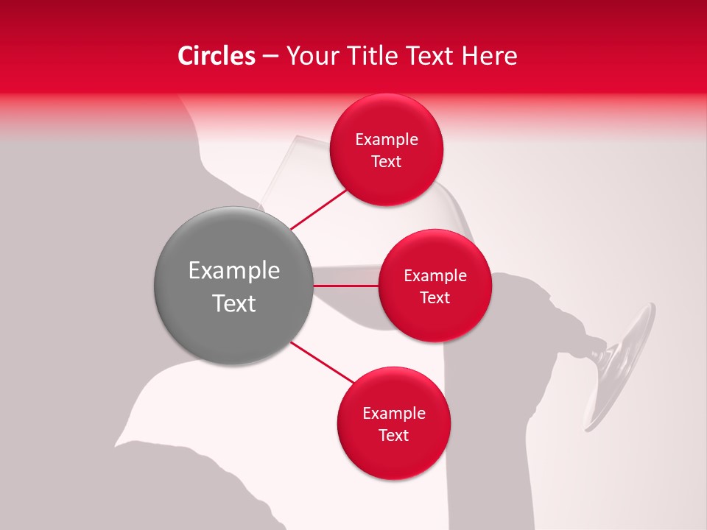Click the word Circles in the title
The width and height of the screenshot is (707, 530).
pyautogui.click(x=217, y=56)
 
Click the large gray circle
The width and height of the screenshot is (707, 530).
pyautogui.click(x=233, y=286)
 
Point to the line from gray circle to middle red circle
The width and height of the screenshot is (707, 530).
pyautogui.click(x=345, y=286)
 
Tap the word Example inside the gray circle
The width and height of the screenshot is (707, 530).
pyautogui.click(x=234, y=271)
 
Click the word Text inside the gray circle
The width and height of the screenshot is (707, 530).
pyautogui.click(x=234, y=303)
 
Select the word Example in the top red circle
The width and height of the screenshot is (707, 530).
pyautogui.click(x=387, y=140)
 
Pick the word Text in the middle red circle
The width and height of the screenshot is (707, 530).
pyautogui.click(x=435, y=298)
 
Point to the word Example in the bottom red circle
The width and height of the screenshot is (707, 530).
pyautogui.click(x=394, y=414)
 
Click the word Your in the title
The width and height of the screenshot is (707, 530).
pyautogui.click(x=311, y=56)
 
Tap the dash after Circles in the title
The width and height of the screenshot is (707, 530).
pyautogui.click(x=270, y=56)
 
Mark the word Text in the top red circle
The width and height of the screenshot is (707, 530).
pyautogui.click(x=387, y=162)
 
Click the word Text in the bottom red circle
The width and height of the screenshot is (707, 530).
pyautogui.click(x=394, y=436)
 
